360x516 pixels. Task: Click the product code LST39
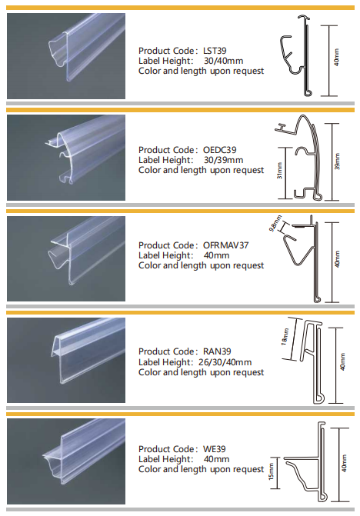(215, 51)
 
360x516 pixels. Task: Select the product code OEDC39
(219, 150)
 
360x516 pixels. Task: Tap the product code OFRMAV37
(225, 245)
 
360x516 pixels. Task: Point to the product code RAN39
(217, 351)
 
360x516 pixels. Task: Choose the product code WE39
(214, 449)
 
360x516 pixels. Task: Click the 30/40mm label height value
(223, 61)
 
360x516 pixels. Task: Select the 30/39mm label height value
(223, 160)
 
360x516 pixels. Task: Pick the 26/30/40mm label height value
(225, 362)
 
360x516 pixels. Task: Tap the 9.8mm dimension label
(275, 224)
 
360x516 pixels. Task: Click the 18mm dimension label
(285, 337)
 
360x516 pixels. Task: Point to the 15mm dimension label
(271, 471)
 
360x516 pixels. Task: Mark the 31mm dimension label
(279, 171)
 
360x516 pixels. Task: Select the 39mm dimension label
(337, 161)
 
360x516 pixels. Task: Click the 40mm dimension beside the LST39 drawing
(337, 57)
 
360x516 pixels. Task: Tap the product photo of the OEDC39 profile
(66, 158)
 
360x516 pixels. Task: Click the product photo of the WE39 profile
(66, 461)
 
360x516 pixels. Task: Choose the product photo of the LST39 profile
(66, 56)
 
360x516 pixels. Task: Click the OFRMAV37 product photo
(66, 258)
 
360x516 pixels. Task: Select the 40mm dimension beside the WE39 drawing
(344, 464)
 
